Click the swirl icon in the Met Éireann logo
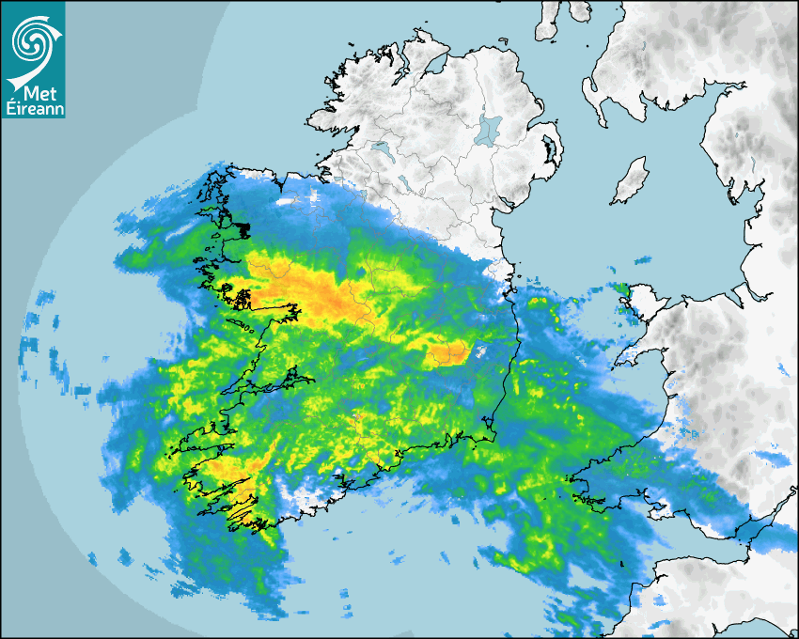tap(32, 40)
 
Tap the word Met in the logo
tap(35, 94)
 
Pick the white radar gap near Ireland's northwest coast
tap(286, 199)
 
